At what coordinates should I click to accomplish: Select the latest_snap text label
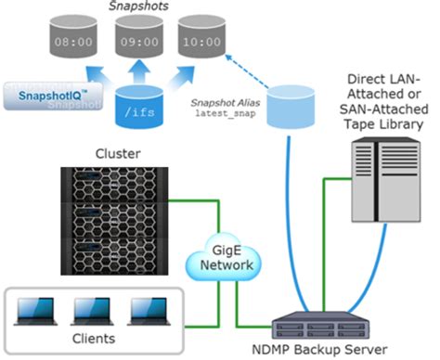click(x=222, y=112)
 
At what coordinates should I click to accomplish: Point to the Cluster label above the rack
click(x=112, y=152)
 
